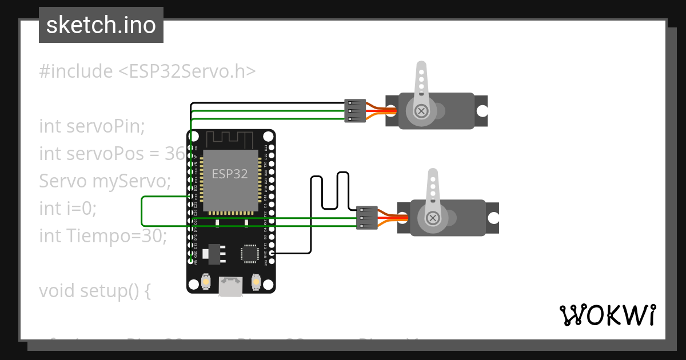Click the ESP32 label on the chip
[x=230, y=174]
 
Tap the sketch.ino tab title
[x=101, y=25]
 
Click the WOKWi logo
[x=607, y=315]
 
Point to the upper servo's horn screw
[x=422, y=111]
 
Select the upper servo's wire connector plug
[x=355, y=111]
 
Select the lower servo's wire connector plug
[x=366, y=218]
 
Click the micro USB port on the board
[x=231, y=286]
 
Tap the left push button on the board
[x=207, y=282]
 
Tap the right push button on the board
[x=256, y=282]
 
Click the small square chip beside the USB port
[x=250, y=253]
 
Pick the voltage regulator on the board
[x=215, y=253]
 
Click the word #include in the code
[x=76, y=71]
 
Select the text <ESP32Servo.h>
[x=186, y=71]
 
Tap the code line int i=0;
[x=68, y=209]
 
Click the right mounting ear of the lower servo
[x=492, y=218]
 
